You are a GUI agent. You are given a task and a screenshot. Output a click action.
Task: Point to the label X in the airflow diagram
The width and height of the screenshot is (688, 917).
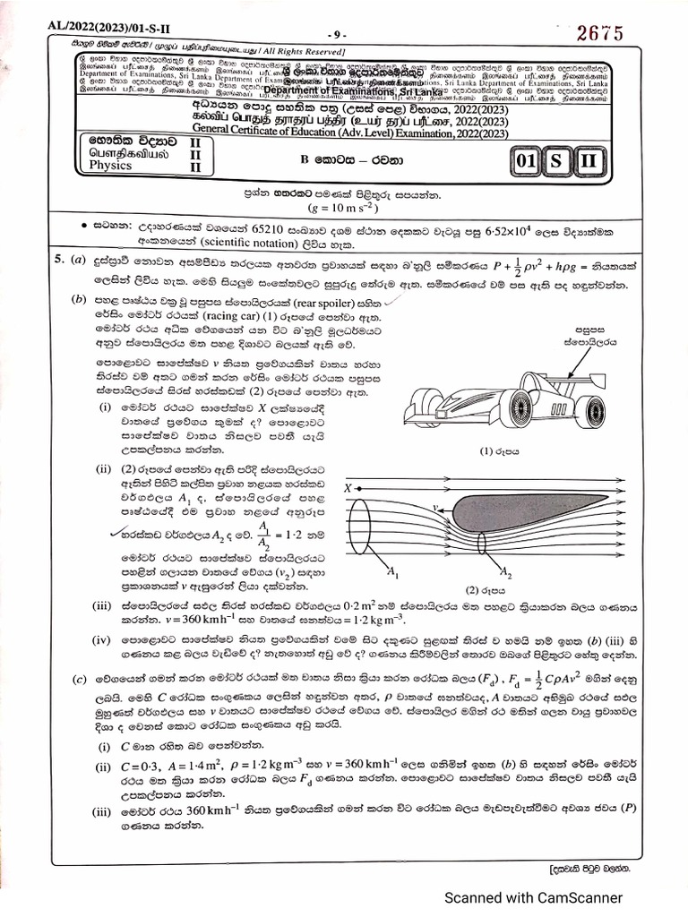(347, 488)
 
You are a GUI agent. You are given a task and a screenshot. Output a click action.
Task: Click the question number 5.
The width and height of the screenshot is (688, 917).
(56, 260)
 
